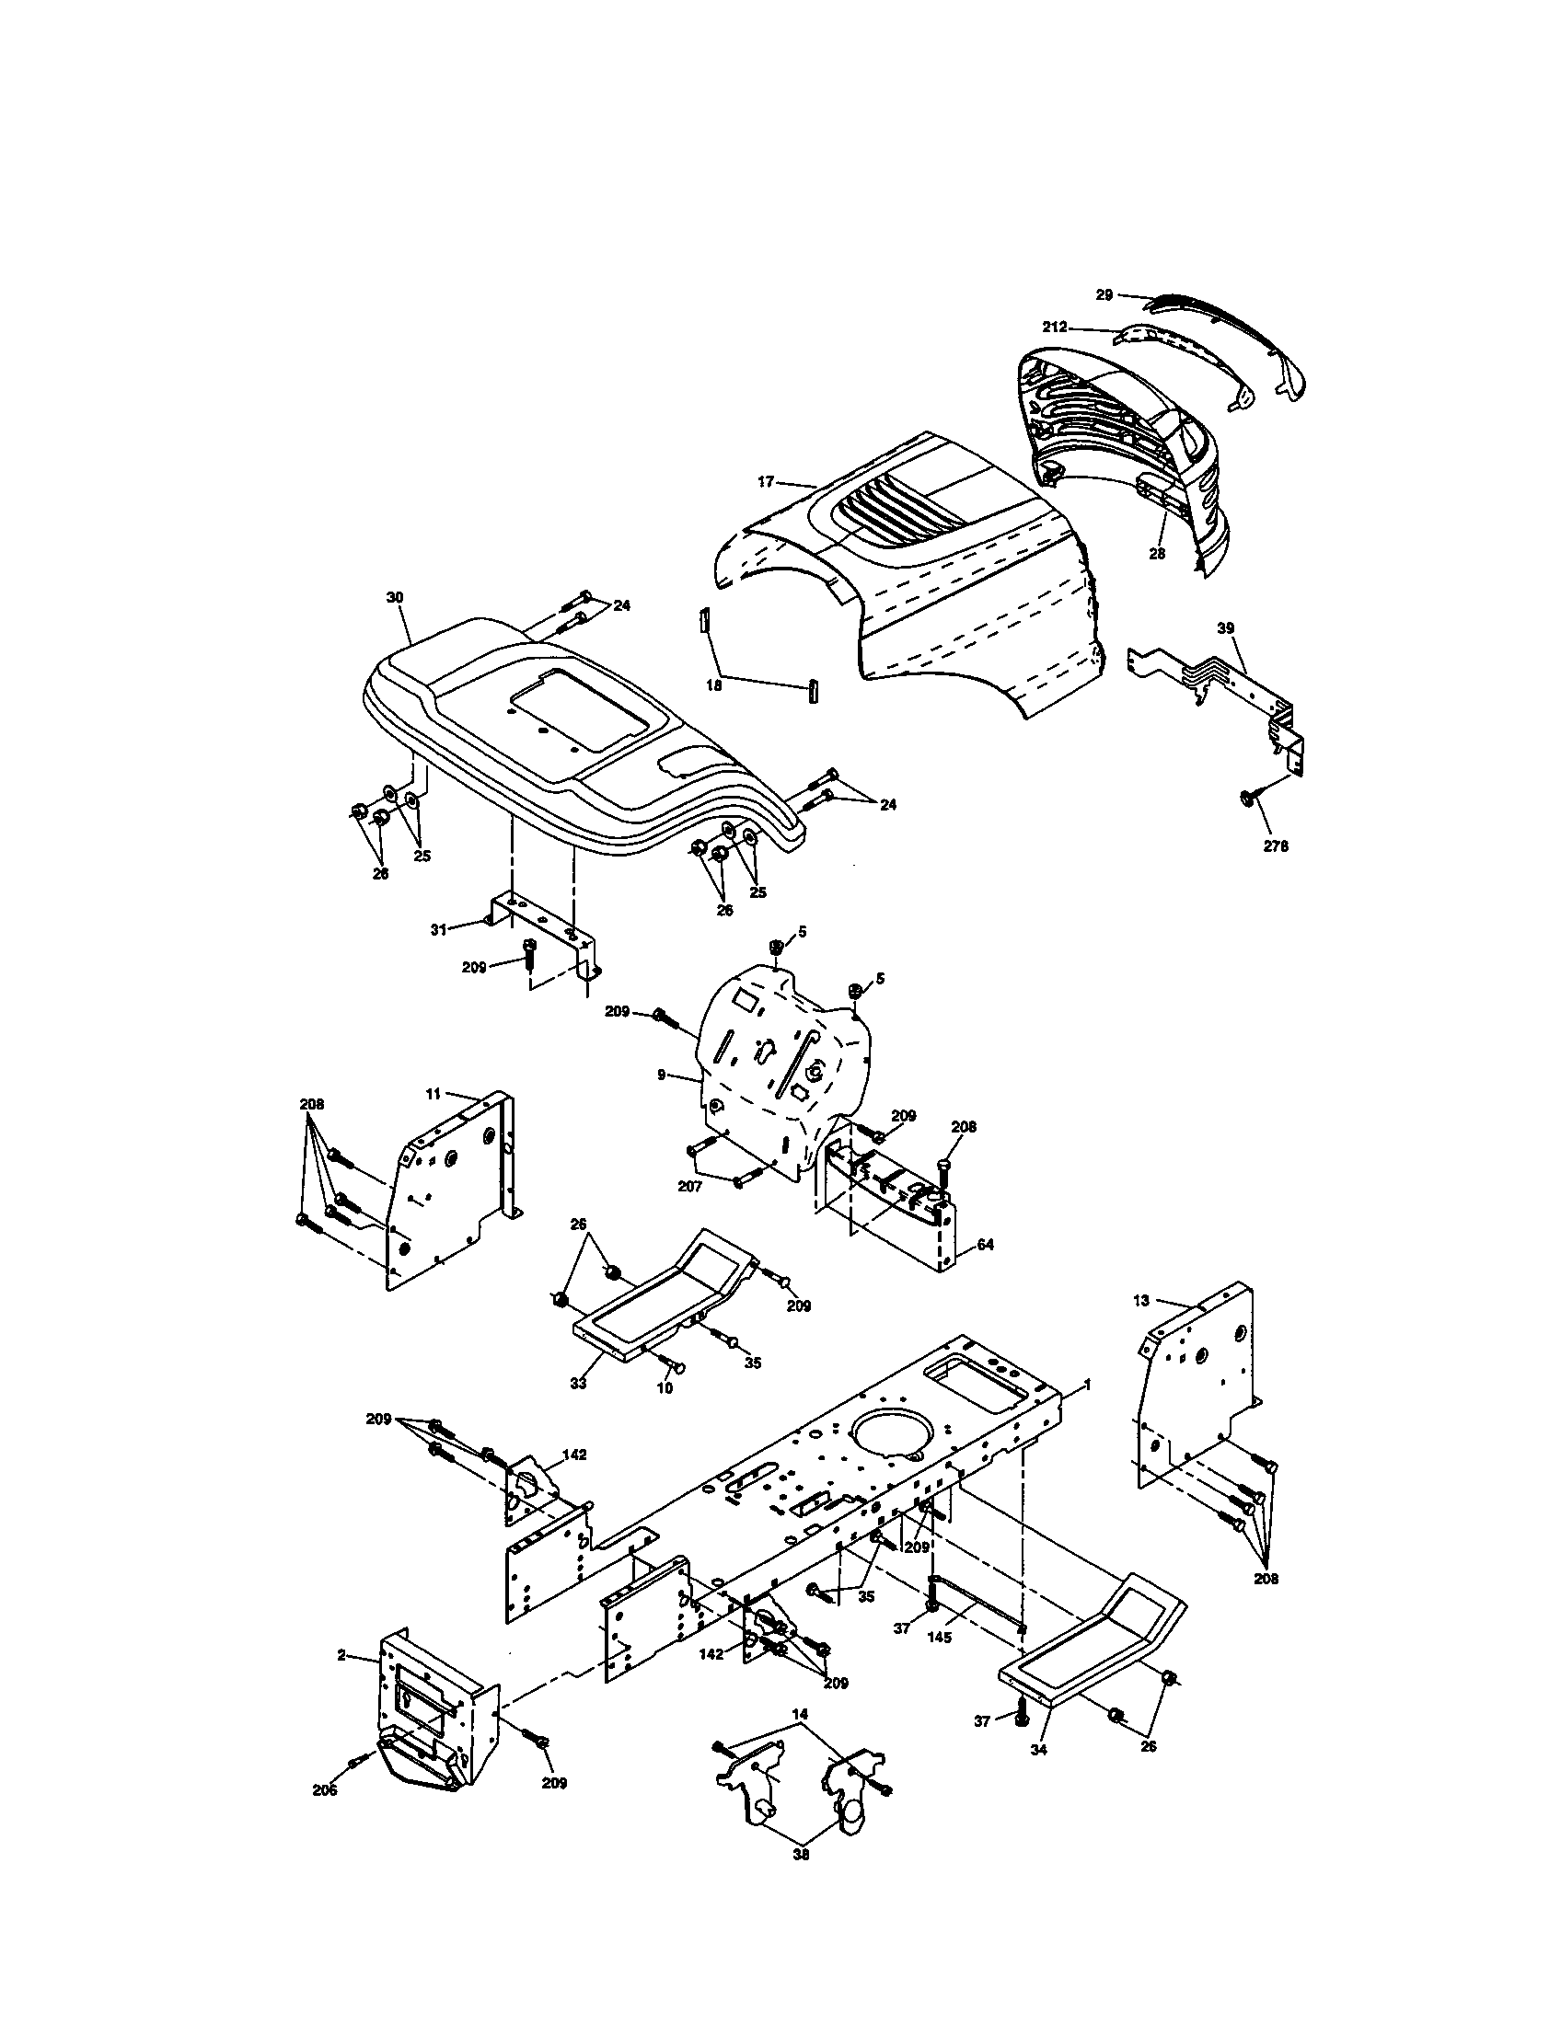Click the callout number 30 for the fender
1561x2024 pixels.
(395, 598)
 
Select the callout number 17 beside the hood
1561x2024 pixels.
(766, 481)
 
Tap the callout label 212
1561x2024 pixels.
(1055, 328)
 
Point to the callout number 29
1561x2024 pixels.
(1104, 294)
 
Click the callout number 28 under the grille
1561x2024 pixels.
(1157, 554)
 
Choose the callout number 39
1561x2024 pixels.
(1226, 628)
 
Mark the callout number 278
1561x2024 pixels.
(1277, 846)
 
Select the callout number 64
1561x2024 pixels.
(986, 1245)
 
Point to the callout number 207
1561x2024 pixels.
(689, 1185)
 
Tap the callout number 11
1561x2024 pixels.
(433, 1095)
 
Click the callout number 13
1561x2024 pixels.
(1141, 1300)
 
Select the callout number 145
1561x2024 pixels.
(939, 1639)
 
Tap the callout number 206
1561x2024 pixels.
(324, 1790)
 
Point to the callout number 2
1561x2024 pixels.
(342, 1655)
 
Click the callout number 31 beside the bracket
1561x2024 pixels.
(438, 928)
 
